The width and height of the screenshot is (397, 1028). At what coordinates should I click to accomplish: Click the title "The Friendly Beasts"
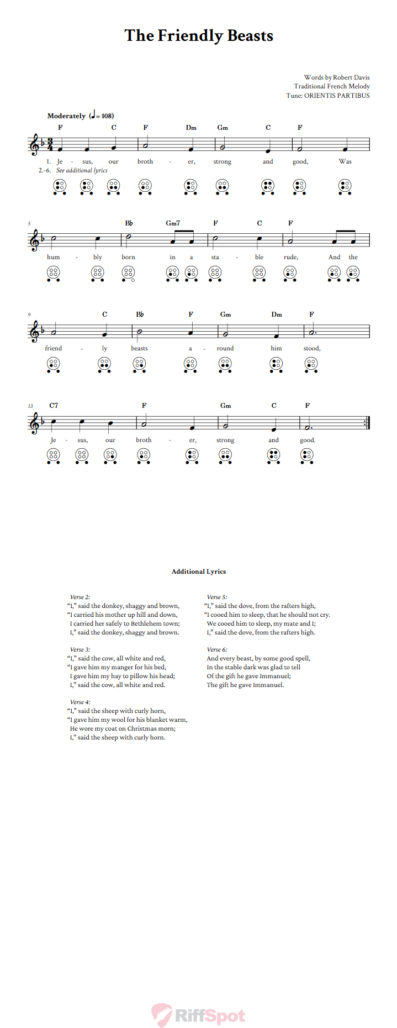[199, 36]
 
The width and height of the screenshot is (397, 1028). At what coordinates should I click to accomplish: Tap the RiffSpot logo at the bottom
[199, 1015]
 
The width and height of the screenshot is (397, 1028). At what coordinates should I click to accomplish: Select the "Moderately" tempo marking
[66, 116]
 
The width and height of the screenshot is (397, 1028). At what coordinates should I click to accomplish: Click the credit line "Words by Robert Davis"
[336, 77]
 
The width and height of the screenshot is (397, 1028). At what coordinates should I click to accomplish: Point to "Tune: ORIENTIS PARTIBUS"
[327, 96]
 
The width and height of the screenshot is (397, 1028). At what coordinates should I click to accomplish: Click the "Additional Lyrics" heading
[198, 571]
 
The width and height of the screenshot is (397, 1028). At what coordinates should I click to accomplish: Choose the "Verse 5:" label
[216, 597]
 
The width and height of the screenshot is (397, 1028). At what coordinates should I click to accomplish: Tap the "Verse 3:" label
[80, 649]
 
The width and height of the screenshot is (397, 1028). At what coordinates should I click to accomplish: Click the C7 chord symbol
[54, 406]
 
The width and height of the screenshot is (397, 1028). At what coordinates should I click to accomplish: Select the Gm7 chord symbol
[173, 223]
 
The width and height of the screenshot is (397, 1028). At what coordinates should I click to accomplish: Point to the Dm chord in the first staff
[191, 128]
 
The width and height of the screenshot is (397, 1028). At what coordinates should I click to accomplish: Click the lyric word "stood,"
[311, 348]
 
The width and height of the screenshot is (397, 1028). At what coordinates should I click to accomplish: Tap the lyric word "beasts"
[139, 348]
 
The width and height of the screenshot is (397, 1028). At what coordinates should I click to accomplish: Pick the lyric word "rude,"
[290, 257]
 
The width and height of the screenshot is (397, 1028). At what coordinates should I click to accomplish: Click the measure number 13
[31, 406]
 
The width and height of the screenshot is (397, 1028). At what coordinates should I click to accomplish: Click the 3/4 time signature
[50, 145]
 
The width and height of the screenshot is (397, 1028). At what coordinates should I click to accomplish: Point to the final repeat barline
[367, 422]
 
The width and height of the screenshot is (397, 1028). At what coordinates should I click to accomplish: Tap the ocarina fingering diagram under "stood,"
[311, 364]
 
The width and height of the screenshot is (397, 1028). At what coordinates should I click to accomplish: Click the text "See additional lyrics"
[82, 170]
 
